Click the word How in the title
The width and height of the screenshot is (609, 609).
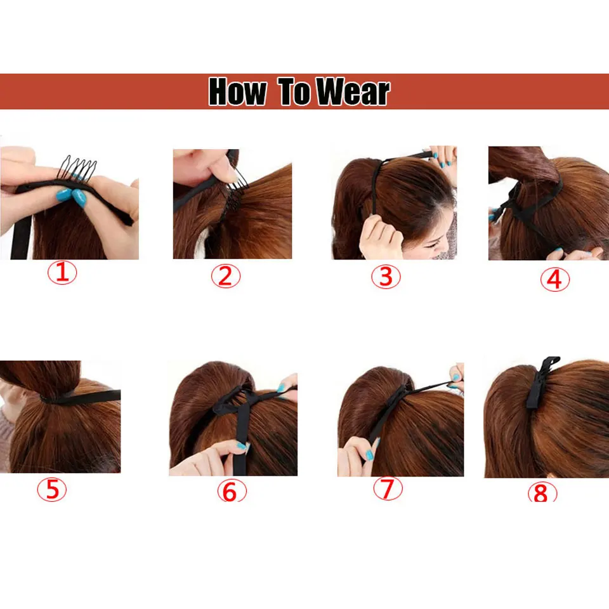237,91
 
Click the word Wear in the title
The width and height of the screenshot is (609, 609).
353,91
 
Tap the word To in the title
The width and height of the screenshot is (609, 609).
293,91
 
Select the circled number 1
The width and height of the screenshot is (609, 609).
62,274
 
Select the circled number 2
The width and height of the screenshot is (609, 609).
226,275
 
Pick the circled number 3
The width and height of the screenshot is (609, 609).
386,277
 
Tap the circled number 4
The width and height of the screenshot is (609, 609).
554,280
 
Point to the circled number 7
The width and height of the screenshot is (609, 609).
388,488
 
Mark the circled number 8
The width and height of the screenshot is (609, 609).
542,493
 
